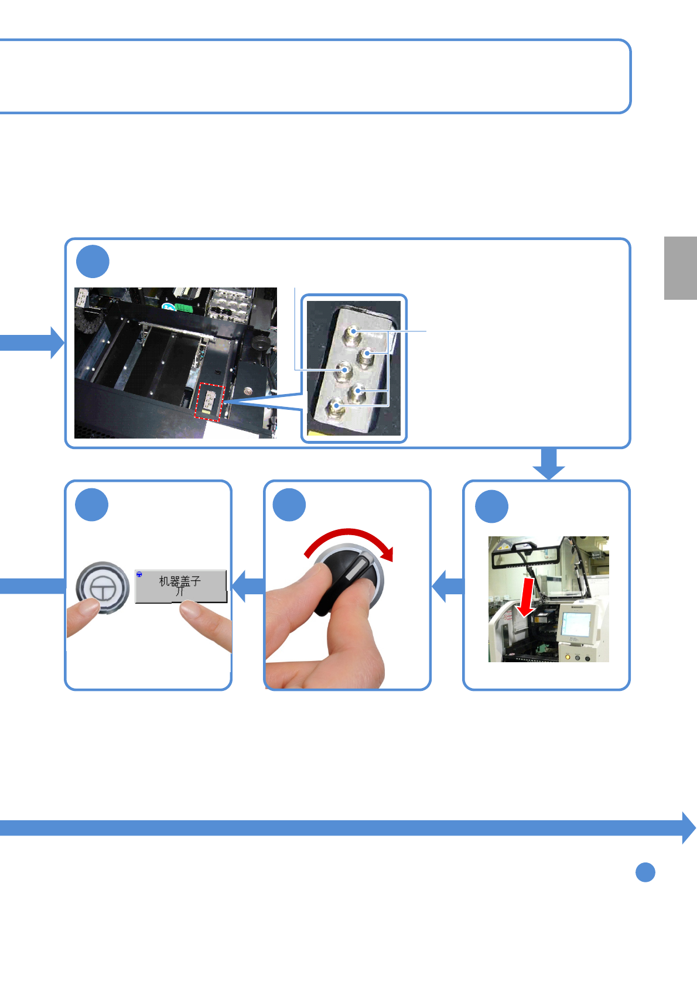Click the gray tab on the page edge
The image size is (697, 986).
click(x=680, y=268)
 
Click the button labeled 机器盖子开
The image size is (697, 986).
click(x=180, y=586)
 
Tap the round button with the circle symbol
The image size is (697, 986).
click(x=102, y=588)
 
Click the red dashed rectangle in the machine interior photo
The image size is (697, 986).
click(x=209, y=402)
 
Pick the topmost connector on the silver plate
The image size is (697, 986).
click(x=353, y=334)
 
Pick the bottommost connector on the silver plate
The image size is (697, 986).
click(x=336, y=406)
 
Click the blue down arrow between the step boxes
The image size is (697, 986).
click(x=549, y=464)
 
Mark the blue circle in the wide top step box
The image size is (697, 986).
click(x=93, y=261)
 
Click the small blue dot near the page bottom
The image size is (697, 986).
click(x=645, y=872)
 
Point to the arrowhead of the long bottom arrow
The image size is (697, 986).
click(x=688, y=828)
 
